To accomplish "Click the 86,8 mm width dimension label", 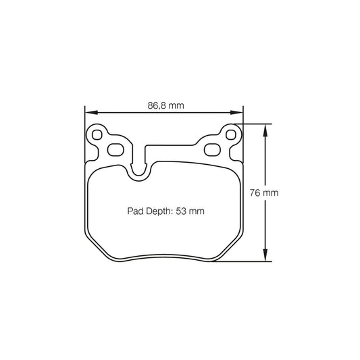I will pos(165,105).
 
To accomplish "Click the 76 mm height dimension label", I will pos(264,192).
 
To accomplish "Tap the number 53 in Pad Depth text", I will pos(182,211).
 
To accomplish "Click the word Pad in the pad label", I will pos(135,211).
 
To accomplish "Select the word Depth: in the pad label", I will pos(159,211).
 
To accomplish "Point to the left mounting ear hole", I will pos(97,134).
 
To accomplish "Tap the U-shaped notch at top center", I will pos(139,170).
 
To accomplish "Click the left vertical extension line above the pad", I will pos(84,118).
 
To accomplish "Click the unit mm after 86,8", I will pos(178,105).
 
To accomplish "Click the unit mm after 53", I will pos(197,211).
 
